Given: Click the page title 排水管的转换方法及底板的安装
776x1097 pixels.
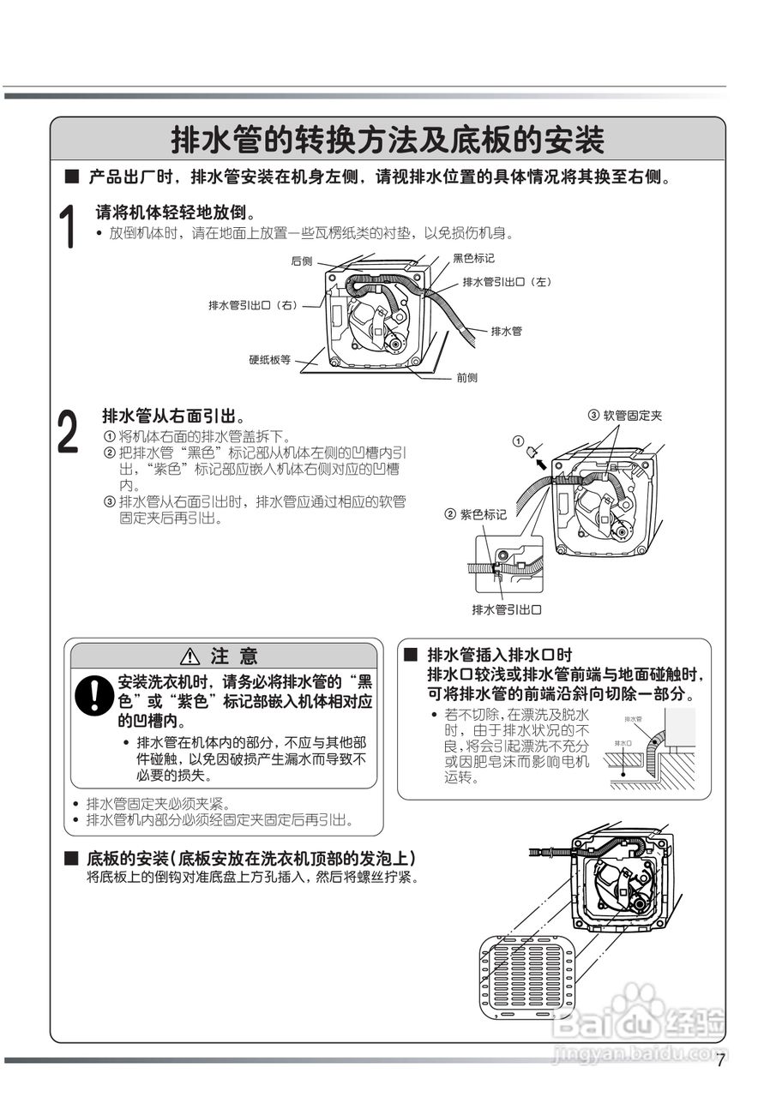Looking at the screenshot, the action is (x=388, y=140).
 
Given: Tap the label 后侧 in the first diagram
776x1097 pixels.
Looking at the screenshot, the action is (x=301, y=261).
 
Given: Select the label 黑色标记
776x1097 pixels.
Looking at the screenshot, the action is (x=473, y=258).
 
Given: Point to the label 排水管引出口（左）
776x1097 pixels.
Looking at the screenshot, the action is (x=506, y=282).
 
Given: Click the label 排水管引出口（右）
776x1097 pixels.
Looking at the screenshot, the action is (x=252, y=305).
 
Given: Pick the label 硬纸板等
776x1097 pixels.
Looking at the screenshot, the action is (x=270, y=360).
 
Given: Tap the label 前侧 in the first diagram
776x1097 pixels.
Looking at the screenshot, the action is (x=466, y=377).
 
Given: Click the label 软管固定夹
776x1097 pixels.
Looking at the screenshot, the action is (x=632, y=416).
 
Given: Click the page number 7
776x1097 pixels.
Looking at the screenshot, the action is (x=720, y=1059).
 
